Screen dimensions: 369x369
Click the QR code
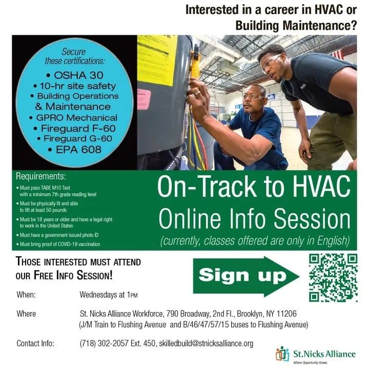[x=333, y=278]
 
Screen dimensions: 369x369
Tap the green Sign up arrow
[x=246, y=276]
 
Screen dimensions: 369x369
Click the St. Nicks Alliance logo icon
[x=282, y=354]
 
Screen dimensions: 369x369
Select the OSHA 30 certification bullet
[x=75, y=75]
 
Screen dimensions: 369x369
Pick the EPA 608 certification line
[x=75, y=150]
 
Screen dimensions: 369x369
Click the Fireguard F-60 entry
[x=75, y=129]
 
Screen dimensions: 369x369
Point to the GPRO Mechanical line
[x=73, y=118]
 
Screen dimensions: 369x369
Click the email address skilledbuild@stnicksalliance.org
[x=206, y=343]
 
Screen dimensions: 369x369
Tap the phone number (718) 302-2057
[x=104, y=343]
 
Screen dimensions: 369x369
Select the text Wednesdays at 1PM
[x=109, y=295]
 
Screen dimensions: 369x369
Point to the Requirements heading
[x=41, y=176]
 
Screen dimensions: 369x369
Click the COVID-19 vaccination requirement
[x=58, y=244]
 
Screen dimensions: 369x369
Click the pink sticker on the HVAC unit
[x=143, y=99]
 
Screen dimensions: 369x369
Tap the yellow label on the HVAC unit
[x=157, y=59]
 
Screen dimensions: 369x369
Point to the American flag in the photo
[x=338, y=54]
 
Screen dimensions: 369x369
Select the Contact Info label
[x=35, y=343]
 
